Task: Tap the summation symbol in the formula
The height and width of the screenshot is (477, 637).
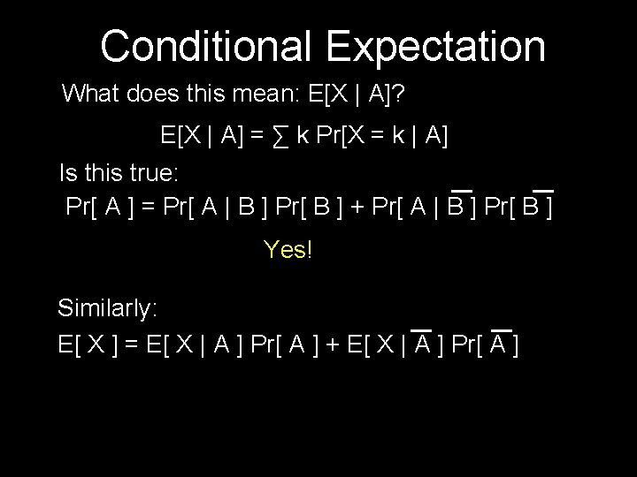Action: tap(282, 137)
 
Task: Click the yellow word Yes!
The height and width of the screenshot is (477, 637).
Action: tap(288, 250)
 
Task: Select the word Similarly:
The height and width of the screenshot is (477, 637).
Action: tap(108, 308)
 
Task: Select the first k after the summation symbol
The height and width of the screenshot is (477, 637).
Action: tap(303, 137)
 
